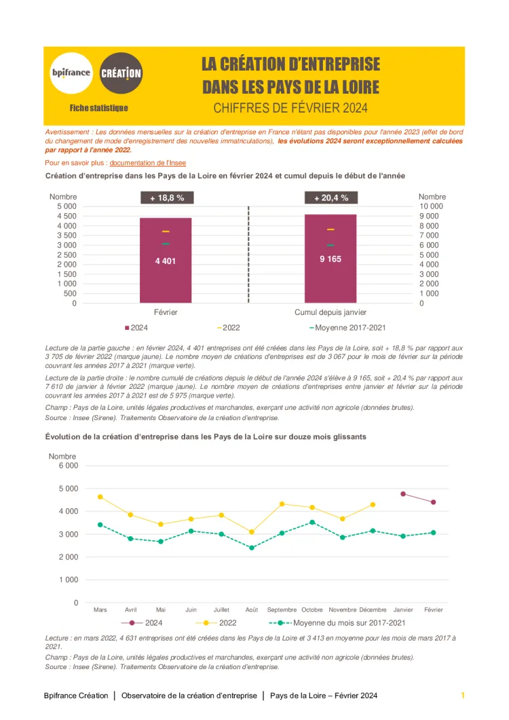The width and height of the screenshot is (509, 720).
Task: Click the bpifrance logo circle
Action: (x=71, y=73)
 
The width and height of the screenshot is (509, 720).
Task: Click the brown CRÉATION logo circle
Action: (x=121, y=73)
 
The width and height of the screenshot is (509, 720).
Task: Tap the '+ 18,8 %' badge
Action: (x=166, y=198)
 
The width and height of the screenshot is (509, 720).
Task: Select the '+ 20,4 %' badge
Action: (x=331, y=198)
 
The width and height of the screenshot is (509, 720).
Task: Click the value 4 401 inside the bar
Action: (x=166, y=261)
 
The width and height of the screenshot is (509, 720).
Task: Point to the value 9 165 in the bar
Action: (x=331, y=259)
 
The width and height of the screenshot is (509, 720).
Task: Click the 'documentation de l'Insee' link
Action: (x=147, y=164)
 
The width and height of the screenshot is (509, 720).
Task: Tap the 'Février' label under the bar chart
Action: (x=166, y=312)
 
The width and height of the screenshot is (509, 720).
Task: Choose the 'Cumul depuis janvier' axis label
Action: (x=331, y=312)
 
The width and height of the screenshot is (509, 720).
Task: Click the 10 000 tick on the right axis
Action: (x=432, y=206)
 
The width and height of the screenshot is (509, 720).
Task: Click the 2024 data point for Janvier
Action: (x=403, y=494)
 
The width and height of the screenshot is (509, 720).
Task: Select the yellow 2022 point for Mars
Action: (x=100, y=497)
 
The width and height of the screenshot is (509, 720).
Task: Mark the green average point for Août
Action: (x=252, y=548)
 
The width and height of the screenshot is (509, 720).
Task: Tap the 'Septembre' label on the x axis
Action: (x=282, y=609)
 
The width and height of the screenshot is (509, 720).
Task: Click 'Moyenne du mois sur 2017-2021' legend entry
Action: (x=349, y=622)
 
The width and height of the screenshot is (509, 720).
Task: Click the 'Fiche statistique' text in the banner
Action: (x=99, y=108)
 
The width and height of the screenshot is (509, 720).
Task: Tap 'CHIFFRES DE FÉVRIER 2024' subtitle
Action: (x=290, y=108)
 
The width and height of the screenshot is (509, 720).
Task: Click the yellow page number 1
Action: (x=463, y=696)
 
